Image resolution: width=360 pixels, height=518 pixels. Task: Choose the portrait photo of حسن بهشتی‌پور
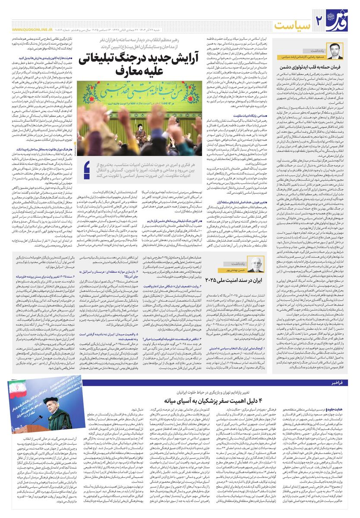(x=258, y=265)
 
